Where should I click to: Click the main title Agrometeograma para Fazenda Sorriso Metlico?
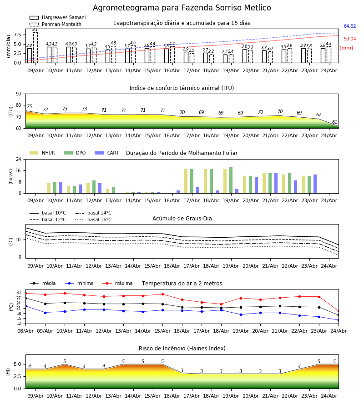pyautogui.click(x=182, y=8)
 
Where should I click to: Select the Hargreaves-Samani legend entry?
pyautogui.click(x=57, y=17)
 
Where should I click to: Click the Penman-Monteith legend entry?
pyautogui.click(x=56, y=24)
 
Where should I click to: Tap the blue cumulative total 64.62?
pyautogui.click(x=349, y=26)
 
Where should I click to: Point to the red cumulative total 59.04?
pyautogui.click(x=349, y=39)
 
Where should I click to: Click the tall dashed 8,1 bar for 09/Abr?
pyautogui.click(x=35, y=47)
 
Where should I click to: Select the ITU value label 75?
pyautogui.click(x=29, y=106)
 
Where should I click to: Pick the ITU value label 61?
pyautogui.click(x=334, y=122)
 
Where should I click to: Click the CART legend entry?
pyautogui.click(x=106, y=153)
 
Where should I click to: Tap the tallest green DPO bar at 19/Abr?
pyautogui.click(x=231, y=180)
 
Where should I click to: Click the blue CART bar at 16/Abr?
pyautogui.click(x=178, y=192)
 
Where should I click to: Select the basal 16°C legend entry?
pyautogui.click(x=93, y=219)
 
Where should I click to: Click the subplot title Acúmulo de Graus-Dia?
pyautogui.click(x=182, y=218)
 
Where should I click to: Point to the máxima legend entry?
pyautogui.click(x=117, y=283)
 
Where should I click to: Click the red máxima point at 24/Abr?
pyautogui.click(x=339, y=311)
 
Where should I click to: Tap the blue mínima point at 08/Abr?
pyautogui.click(x=25, y=306)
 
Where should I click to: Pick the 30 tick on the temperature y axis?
pyautogui.click(x=19, y=293)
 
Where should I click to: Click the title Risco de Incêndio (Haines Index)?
pyautogui.click(x=182, y=348)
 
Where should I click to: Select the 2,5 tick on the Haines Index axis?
pyautogui.click(x=17, y=376)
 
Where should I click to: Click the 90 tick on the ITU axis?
pyautogui.click(x=19, y=94)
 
